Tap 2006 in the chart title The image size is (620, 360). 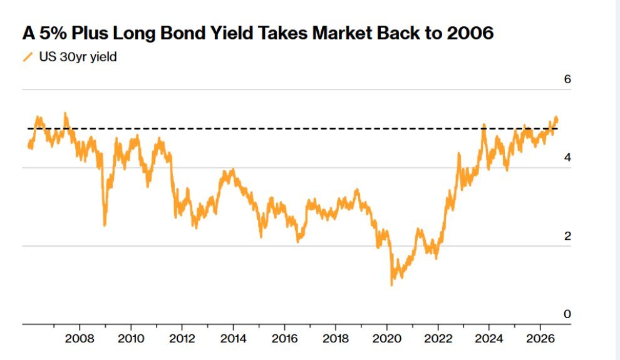[x=470, y=33]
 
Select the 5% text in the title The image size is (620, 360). [x=53, y=33]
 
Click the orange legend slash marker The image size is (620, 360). [x=28, y=58]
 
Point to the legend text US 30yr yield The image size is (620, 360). [x=78, y=57]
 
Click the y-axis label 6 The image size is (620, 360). [x=567, y=80]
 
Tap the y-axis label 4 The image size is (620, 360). [x=567, y=158]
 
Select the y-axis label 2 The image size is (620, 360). [x=567, y=236]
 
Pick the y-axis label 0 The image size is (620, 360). [x=567, y=314]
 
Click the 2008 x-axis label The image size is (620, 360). [x=80, y=339]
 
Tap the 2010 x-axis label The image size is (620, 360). [x=131, y=339]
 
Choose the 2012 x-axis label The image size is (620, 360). [x=182, y=339]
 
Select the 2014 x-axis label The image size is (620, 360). [x=234, y=339]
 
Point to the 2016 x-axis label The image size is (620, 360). [x=284, y=339]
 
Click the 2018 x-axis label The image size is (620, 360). [x=335, y=339]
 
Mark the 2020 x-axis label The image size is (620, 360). [x=386, y=339]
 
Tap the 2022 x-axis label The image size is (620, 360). [x=438, y=339]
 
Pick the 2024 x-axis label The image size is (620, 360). [x=488, y=339]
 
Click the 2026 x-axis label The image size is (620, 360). [x=540, y=339]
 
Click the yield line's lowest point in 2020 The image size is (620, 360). [x=392, y=284]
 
